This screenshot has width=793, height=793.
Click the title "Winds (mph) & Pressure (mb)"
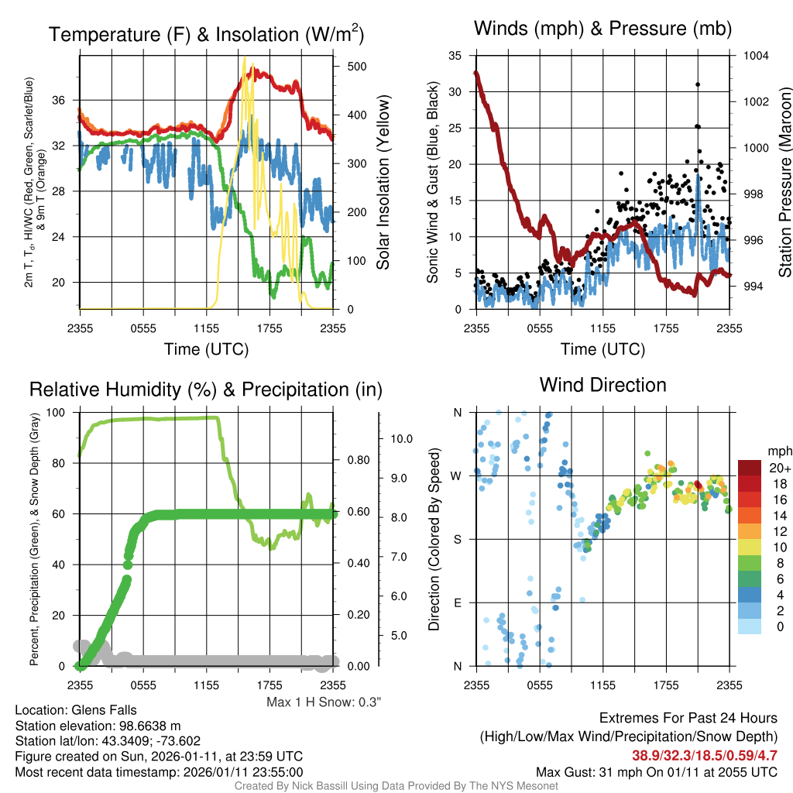(x=602, y=29)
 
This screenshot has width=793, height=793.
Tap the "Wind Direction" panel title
(x=602, y=385)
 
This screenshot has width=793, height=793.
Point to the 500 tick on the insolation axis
(x=356, y=67)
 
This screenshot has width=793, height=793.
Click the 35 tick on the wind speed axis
(x=455, y=56)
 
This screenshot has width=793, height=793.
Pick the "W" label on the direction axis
(x=457, y=475)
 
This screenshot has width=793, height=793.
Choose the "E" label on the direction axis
(x=458, y=602)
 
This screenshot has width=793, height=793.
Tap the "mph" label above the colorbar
(x=778, y=451)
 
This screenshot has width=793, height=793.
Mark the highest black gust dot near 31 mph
(x=698, y=84)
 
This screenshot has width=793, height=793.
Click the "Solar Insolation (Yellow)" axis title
(x=383, y=182)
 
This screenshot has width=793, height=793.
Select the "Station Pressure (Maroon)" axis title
(x=784, y=182)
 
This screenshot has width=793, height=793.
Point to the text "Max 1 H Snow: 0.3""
(x=324, y=702)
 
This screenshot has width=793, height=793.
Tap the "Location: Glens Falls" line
(x=76, y=710)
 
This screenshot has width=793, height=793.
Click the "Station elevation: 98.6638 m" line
(x=98, y=726)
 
